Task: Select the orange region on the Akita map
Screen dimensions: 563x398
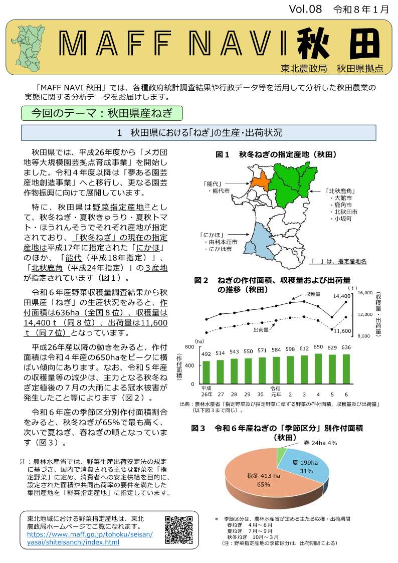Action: click(259, 181)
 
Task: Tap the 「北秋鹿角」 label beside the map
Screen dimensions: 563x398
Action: click(340, 191)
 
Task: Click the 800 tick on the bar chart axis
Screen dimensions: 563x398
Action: click(189, 347)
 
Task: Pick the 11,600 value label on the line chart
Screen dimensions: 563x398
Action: click(342, 331)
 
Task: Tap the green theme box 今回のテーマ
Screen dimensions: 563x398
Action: click(101, 113)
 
